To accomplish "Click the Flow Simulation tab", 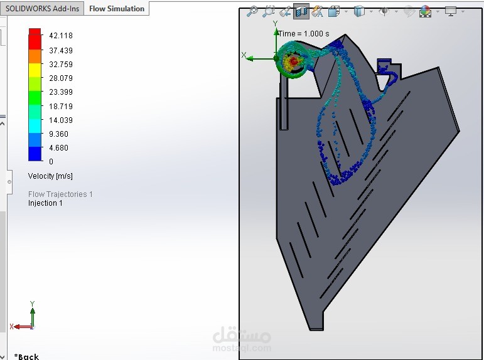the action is click(x=117, y=9).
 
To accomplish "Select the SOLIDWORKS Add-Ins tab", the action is click(x=42, y=9).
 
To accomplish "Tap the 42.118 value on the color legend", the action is click(x=61, y=36).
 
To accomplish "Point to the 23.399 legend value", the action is click(x=61, y=92).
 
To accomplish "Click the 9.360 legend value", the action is click(x=58, y=134).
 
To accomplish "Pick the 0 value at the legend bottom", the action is click(x=51, y=161).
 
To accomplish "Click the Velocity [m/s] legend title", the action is click(x=50, y=176).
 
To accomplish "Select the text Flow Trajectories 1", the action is click(x=60, y=194).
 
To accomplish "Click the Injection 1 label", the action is click(x=45, y=203).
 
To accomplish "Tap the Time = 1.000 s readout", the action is click(x=304, y=34).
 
